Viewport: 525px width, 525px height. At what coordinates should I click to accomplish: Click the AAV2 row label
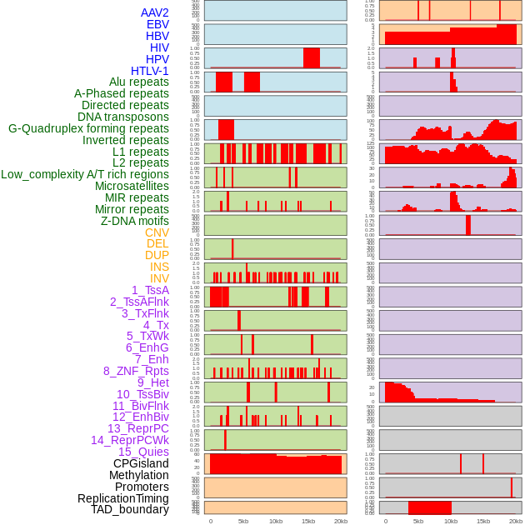[155, 12]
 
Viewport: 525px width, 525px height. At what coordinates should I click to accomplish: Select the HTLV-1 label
[150, 71]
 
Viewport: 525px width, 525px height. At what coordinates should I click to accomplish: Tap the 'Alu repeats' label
[139, 82]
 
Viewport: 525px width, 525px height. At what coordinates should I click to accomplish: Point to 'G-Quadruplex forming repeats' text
[88, 129]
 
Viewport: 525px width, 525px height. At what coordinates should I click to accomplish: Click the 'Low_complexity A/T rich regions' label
[85, 174]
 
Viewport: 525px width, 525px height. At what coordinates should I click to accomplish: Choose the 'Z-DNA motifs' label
[135, 221]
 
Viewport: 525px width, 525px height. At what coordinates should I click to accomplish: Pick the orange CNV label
[157, 232]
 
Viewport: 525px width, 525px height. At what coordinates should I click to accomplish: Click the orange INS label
[159, 267]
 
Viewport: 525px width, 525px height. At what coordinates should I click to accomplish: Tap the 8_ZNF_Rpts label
[136, 371]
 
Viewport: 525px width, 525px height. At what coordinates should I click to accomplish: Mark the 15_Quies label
[143, 452]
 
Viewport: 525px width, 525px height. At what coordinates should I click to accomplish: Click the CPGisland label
[141, 463]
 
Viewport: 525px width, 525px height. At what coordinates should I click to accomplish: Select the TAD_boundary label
[130, 509]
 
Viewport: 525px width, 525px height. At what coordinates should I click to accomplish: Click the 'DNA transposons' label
[123, 117]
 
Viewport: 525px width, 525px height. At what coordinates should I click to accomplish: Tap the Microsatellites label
[132, 186]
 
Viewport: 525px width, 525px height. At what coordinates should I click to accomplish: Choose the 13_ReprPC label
[137, 428]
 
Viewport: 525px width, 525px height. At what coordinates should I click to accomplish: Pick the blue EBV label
[157, 24]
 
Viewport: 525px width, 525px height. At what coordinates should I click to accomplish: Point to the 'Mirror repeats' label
[132, 209]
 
